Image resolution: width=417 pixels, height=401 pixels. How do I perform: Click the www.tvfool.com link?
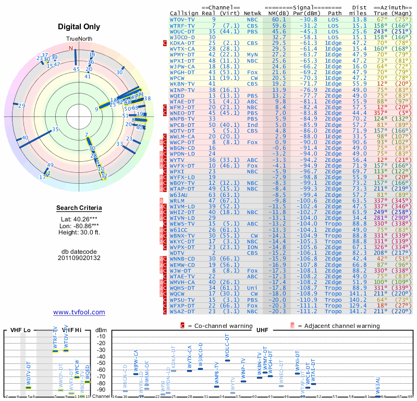(x=79, y=312)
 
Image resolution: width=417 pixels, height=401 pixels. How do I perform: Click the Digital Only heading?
(x=79, y=27)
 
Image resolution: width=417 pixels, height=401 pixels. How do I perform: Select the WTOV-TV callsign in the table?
(x=182, y=19)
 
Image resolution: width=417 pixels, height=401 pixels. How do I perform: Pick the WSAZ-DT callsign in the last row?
(x=182, y=311)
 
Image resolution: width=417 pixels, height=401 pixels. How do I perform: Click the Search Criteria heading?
(x=79, y=208)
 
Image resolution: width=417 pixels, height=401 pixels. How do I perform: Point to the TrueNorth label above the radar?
(x=79, y=39)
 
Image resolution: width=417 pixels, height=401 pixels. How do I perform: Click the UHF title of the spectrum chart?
(x=263, y=331)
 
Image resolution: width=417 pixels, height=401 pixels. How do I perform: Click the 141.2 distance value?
(x=359, y=311)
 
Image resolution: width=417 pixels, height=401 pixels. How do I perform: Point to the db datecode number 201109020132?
(x=79, y=257)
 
